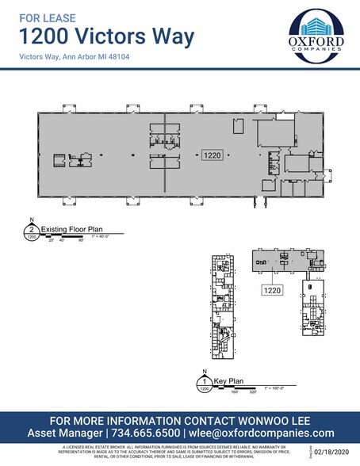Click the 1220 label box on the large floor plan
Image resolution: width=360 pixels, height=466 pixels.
click(x=211, y=155)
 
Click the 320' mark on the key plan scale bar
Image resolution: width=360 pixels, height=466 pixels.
click(x=253, y=391)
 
